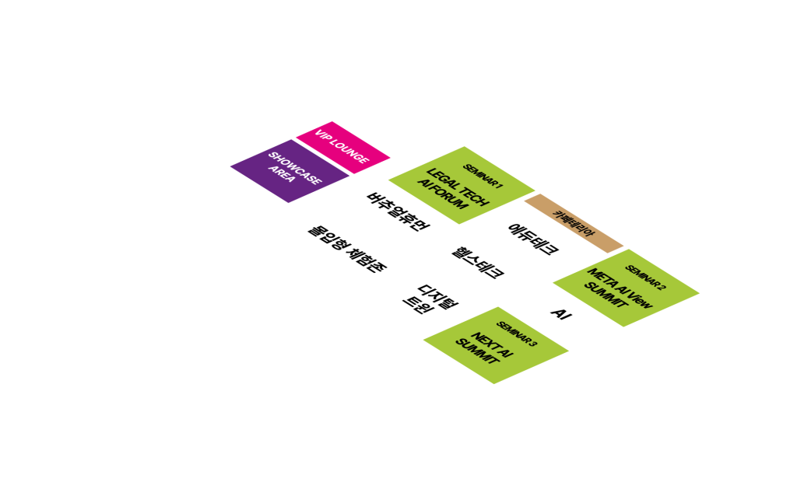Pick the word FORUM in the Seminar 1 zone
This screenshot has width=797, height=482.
tap(450, 204)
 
